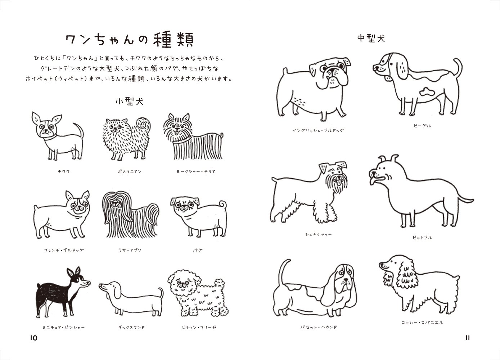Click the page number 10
tap(33, 338)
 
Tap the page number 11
tap(468, 338)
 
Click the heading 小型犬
tap(129, 102)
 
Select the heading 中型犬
tap(371, 38)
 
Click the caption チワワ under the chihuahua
tap(64, 172)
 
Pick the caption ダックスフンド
tap(131, 328)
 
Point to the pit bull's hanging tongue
tap(372, 180)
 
